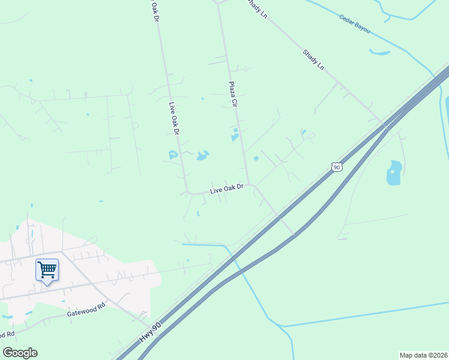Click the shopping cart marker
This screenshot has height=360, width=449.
[47, 269]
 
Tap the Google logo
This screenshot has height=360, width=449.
[20, 353]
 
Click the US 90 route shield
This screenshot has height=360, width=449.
[337, 166]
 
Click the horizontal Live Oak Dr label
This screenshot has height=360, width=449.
[226, 189]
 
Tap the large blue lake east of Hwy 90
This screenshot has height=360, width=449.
[394, 173]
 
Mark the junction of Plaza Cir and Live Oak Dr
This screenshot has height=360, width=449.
[249, 185]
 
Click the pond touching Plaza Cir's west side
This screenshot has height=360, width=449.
[235, 136]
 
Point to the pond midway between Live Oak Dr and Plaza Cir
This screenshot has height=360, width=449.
[202, 156]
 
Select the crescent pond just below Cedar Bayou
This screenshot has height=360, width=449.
[379, 53]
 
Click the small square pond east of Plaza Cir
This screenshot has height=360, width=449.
[256, 158]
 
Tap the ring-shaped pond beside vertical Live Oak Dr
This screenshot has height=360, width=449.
[173, 155]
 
